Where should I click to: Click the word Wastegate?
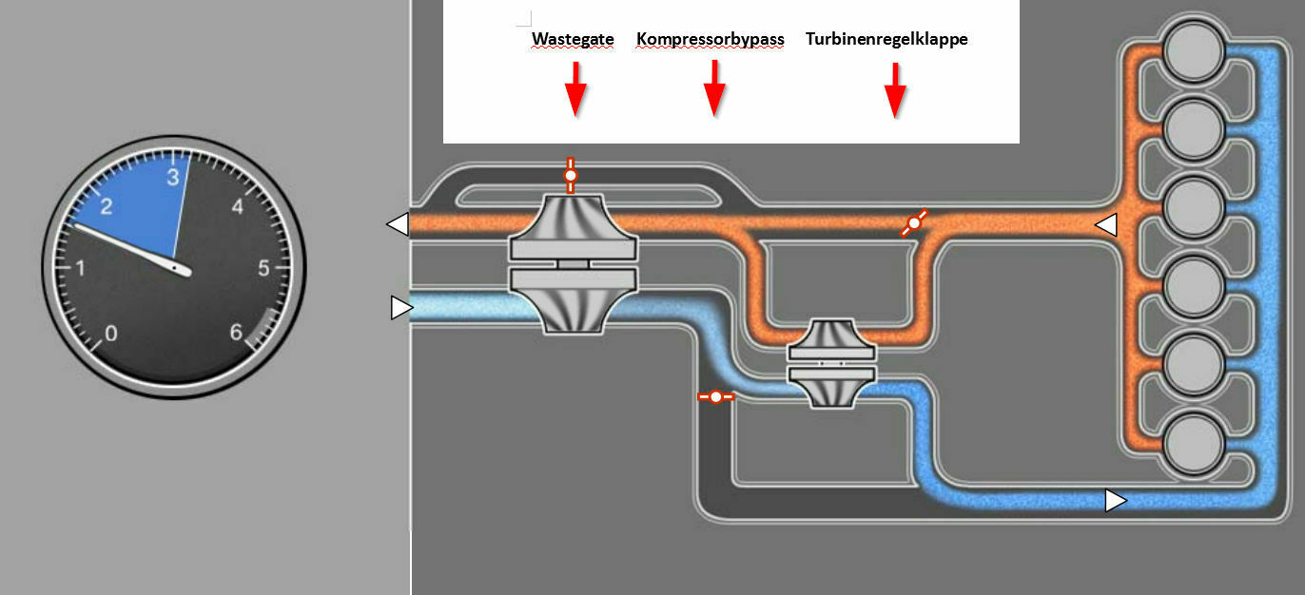(573, 40)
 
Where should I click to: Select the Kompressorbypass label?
(711, 40)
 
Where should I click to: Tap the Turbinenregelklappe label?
(886, 40)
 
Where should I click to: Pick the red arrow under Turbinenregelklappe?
(894, 90)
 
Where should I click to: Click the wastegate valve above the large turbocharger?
(570, 175)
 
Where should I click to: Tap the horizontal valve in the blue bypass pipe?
(715, 396)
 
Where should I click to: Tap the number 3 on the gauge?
(172, 178)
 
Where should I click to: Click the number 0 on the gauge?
(111, 333)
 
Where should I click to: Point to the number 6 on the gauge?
(236, 333)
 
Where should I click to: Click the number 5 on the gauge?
(263, 269)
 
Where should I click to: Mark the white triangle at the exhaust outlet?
(398, 224)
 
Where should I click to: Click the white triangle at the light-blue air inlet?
(401, 308)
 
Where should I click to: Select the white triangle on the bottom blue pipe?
(1115, 500)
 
